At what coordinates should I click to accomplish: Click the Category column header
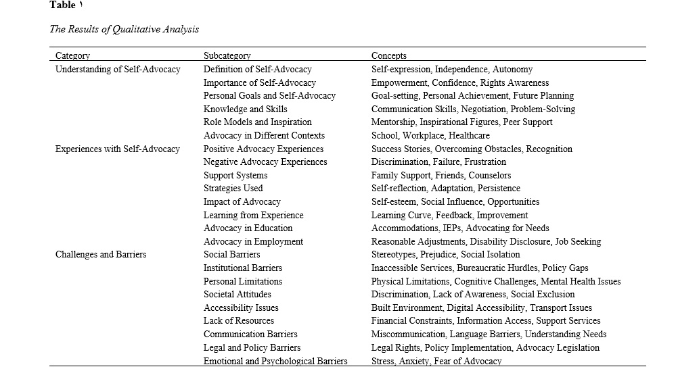click(x=72, y=55)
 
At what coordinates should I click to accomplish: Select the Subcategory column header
click(x=227, y=55)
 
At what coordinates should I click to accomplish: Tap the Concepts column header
click(x=389, y=55)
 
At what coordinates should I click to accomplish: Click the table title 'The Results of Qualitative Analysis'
click(x=125, y=30)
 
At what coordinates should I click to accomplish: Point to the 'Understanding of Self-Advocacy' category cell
click(x=118, y=69)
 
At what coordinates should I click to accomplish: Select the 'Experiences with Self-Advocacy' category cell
click(x=118, y=149)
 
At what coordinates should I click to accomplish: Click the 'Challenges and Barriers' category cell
click(x=101, y=255)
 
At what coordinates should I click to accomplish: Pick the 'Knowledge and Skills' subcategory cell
click(x=245, y=109)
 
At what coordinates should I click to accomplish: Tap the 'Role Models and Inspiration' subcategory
click(x=257, y=122)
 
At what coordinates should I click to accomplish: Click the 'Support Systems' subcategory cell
click(x=235, y=175)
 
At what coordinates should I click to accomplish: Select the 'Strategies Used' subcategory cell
click(x=233, y=189)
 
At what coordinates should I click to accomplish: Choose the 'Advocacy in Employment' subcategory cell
click(x=253, y=241)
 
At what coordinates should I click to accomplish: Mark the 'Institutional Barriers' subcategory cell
click(x=243, y=268)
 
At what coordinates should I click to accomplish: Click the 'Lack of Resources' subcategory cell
click(x=239, y=321)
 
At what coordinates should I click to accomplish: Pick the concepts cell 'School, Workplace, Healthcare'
click(x=430, y=135)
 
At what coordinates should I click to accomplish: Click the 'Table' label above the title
click(x=62, y=5)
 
